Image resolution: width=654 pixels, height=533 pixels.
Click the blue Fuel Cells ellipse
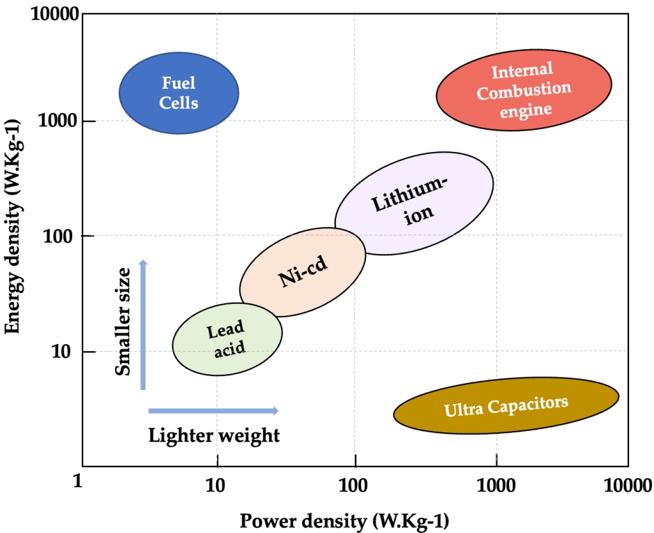point(179,93)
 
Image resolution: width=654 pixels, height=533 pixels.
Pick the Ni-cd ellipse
point(303,271)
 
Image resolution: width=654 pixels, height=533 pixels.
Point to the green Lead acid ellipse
point(227,339)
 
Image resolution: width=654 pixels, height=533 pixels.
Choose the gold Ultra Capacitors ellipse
point(506,405)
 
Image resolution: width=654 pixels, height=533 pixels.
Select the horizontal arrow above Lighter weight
point(213,411)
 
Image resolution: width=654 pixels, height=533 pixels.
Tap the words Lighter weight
point(214,436)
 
